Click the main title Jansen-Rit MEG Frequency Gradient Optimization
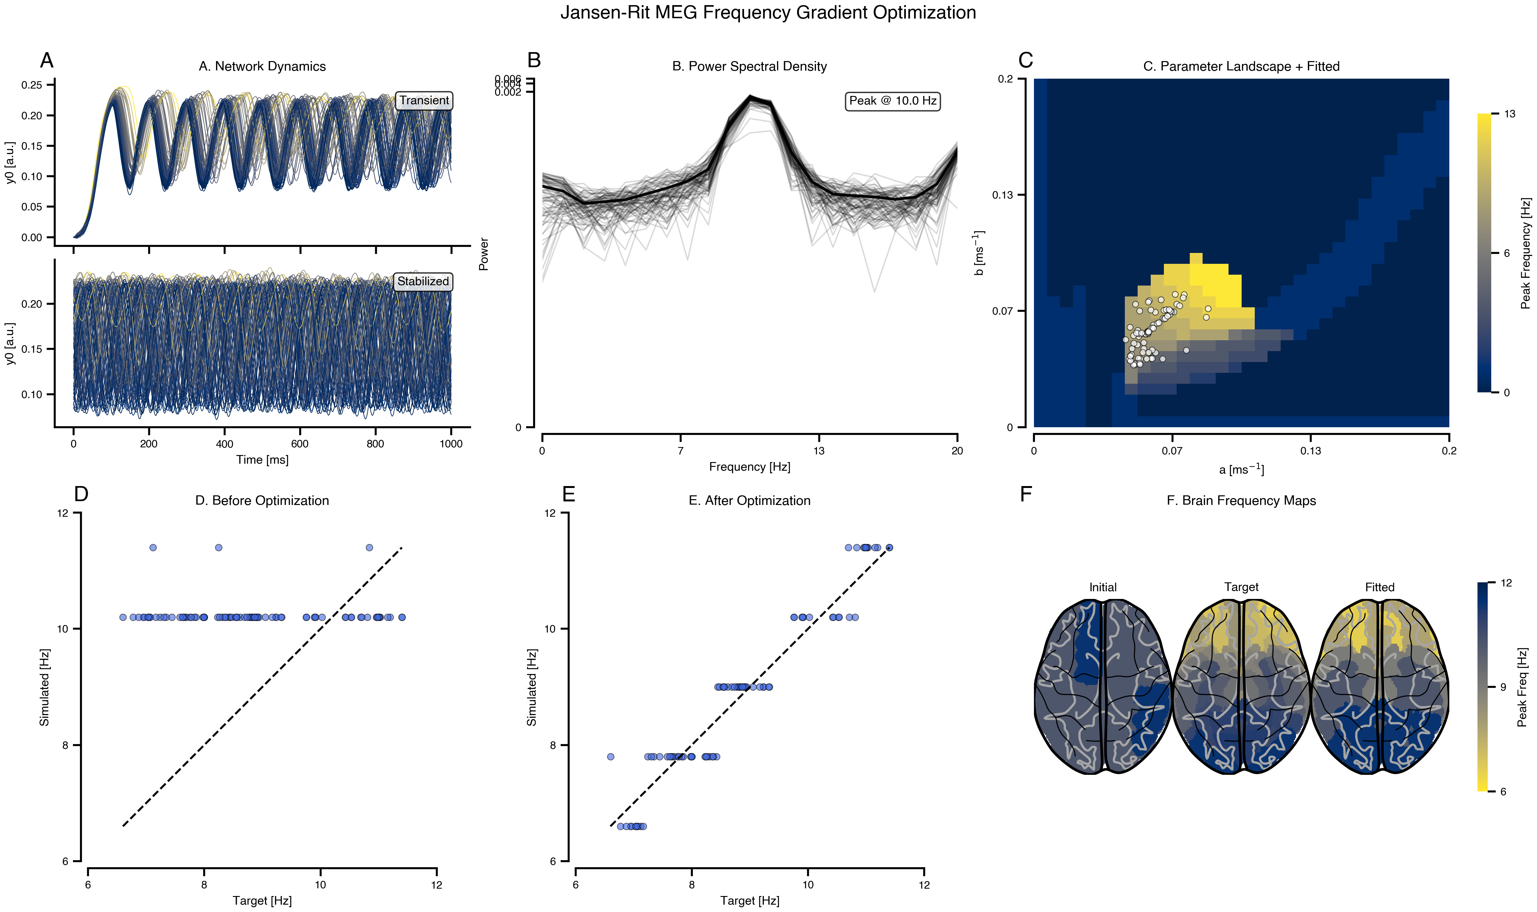(x=768, y=13)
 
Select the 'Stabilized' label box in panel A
(x=423, y=281)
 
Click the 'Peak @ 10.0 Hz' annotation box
(x=893, y=101)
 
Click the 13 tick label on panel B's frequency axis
(x=819, y=451)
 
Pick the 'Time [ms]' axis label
(x=262, y=460)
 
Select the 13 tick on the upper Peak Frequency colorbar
(x=1510, y=114)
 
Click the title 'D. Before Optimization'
(x=262, y=500)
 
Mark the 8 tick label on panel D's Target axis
(x=204, y=885)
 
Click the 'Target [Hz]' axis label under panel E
(x=749, y=901)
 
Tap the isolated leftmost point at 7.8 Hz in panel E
(x=611, y=757)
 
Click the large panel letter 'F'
(x=1026, y=494)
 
